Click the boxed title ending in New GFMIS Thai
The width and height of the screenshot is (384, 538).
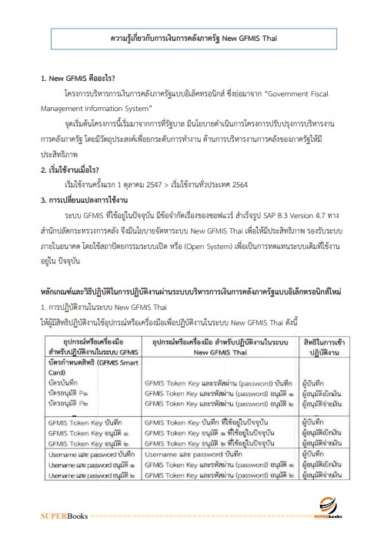(x=192, y=38)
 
